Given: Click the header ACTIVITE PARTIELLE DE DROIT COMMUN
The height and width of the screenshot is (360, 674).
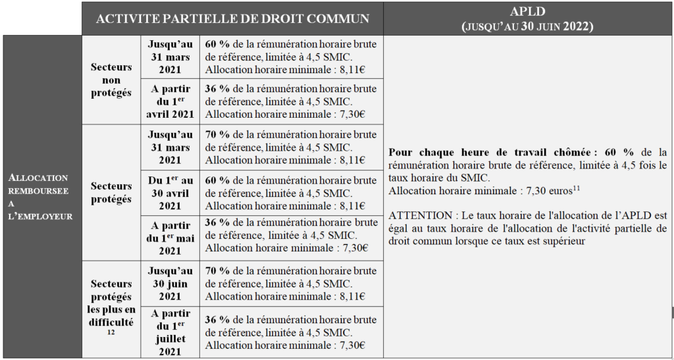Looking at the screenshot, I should [x=232, y=18].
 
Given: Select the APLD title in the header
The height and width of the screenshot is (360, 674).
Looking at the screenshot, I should [x=527, y=12].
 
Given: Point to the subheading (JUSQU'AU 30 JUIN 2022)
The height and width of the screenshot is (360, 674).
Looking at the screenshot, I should [x=527, y=26].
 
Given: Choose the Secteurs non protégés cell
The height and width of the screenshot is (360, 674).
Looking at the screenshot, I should [x=111, y=80].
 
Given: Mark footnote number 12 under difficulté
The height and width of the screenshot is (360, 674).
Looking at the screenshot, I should [x=111, y=333].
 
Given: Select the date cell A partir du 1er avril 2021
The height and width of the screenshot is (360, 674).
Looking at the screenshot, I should [x=170, y=101].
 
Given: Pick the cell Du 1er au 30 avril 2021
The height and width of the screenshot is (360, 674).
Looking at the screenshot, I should [x=170, y=193].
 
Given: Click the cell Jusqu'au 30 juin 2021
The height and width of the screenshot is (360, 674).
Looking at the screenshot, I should [x=170, y=284].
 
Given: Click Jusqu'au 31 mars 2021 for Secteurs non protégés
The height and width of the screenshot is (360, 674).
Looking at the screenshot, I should [x=170, y=57].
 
